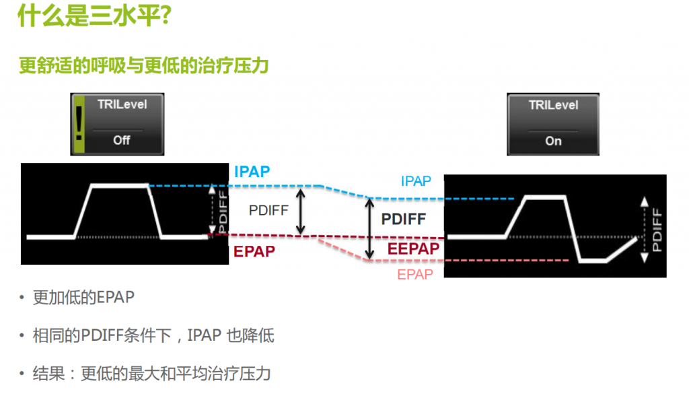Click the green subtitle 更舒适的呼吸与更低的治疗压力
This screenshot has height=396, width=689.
coord(144,65)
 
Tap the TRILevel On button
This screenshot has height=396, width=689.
coord(553,124)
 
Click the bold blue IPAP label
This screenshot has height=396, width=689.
coord(252,172)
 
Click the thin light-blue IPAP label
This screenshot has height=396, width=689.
coord(416,181)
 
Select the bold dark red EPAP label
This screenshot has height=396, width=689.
coord(254,252)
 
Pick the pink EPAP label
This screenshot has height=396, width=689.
coord(415,275)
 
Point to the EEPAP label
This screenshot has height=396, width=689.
coord(413,249)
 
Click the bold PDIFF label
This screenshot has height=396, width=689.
coord(404,220)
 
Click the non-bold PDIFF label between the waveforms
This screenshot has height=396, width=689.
coord(268,210)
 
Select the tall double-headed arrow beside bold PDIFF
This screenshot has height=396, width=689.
coord(369,228)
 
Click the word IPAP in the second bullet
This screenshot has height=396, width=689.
coord(205,335)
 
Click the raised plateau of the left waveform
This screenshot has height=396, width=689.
coord(119,186)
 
